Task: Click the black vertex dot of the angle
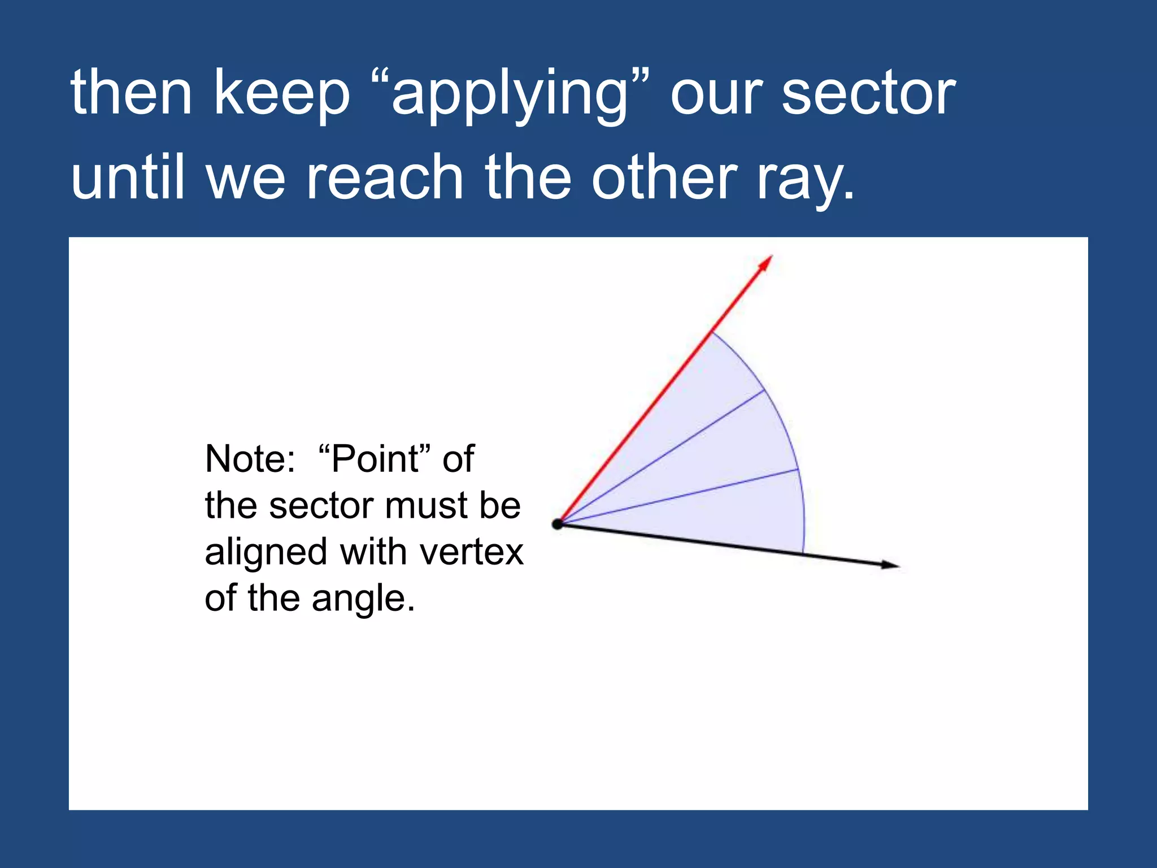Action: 558,524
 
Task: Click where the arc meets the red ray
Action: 712,332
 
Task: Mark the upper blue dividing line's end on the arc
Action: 764,390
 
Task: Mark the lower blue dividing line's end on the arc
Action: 798,469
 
